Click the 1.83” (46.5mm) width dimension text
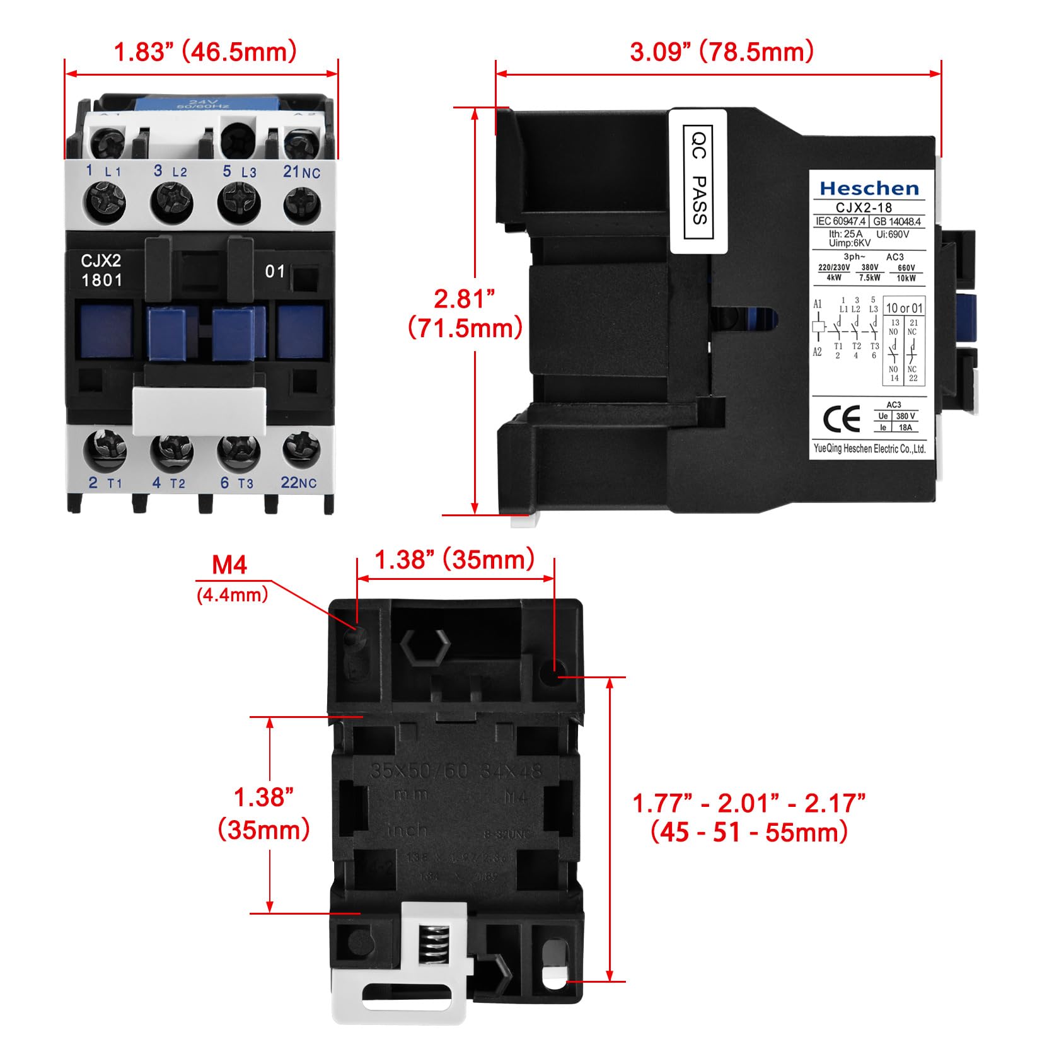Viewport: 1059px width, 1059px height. point(205,52)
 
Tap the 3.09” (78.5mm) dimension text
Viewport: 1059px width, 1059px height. point(721,52)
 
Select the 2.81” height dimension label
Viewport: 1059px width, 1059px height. point(465,299)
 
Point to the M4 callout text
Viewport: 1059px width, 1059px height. point(229,565)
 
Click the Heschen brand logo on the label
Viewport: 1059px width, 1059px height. point(869,188)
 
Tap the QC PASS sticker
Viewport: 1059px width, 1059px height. point(698,182)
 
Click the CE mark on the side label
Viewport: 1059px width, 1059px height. point(842,419)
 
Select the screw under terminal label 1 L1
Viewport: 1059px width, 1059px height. point(103,202)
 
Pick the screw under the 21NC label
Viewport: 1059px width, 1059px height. point(302,202)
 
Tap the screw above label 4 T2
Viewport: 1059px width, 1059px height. point(171,450)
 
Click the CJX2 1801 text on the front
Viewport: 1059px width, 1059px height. point(101,270)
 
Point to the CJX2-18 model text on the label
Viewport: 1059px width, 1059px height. point(864,207)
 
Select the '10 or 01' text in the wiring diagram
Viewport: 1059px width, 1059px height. point(904,308)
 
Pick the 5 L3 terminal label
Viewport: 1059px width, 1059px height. point(240,171)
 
